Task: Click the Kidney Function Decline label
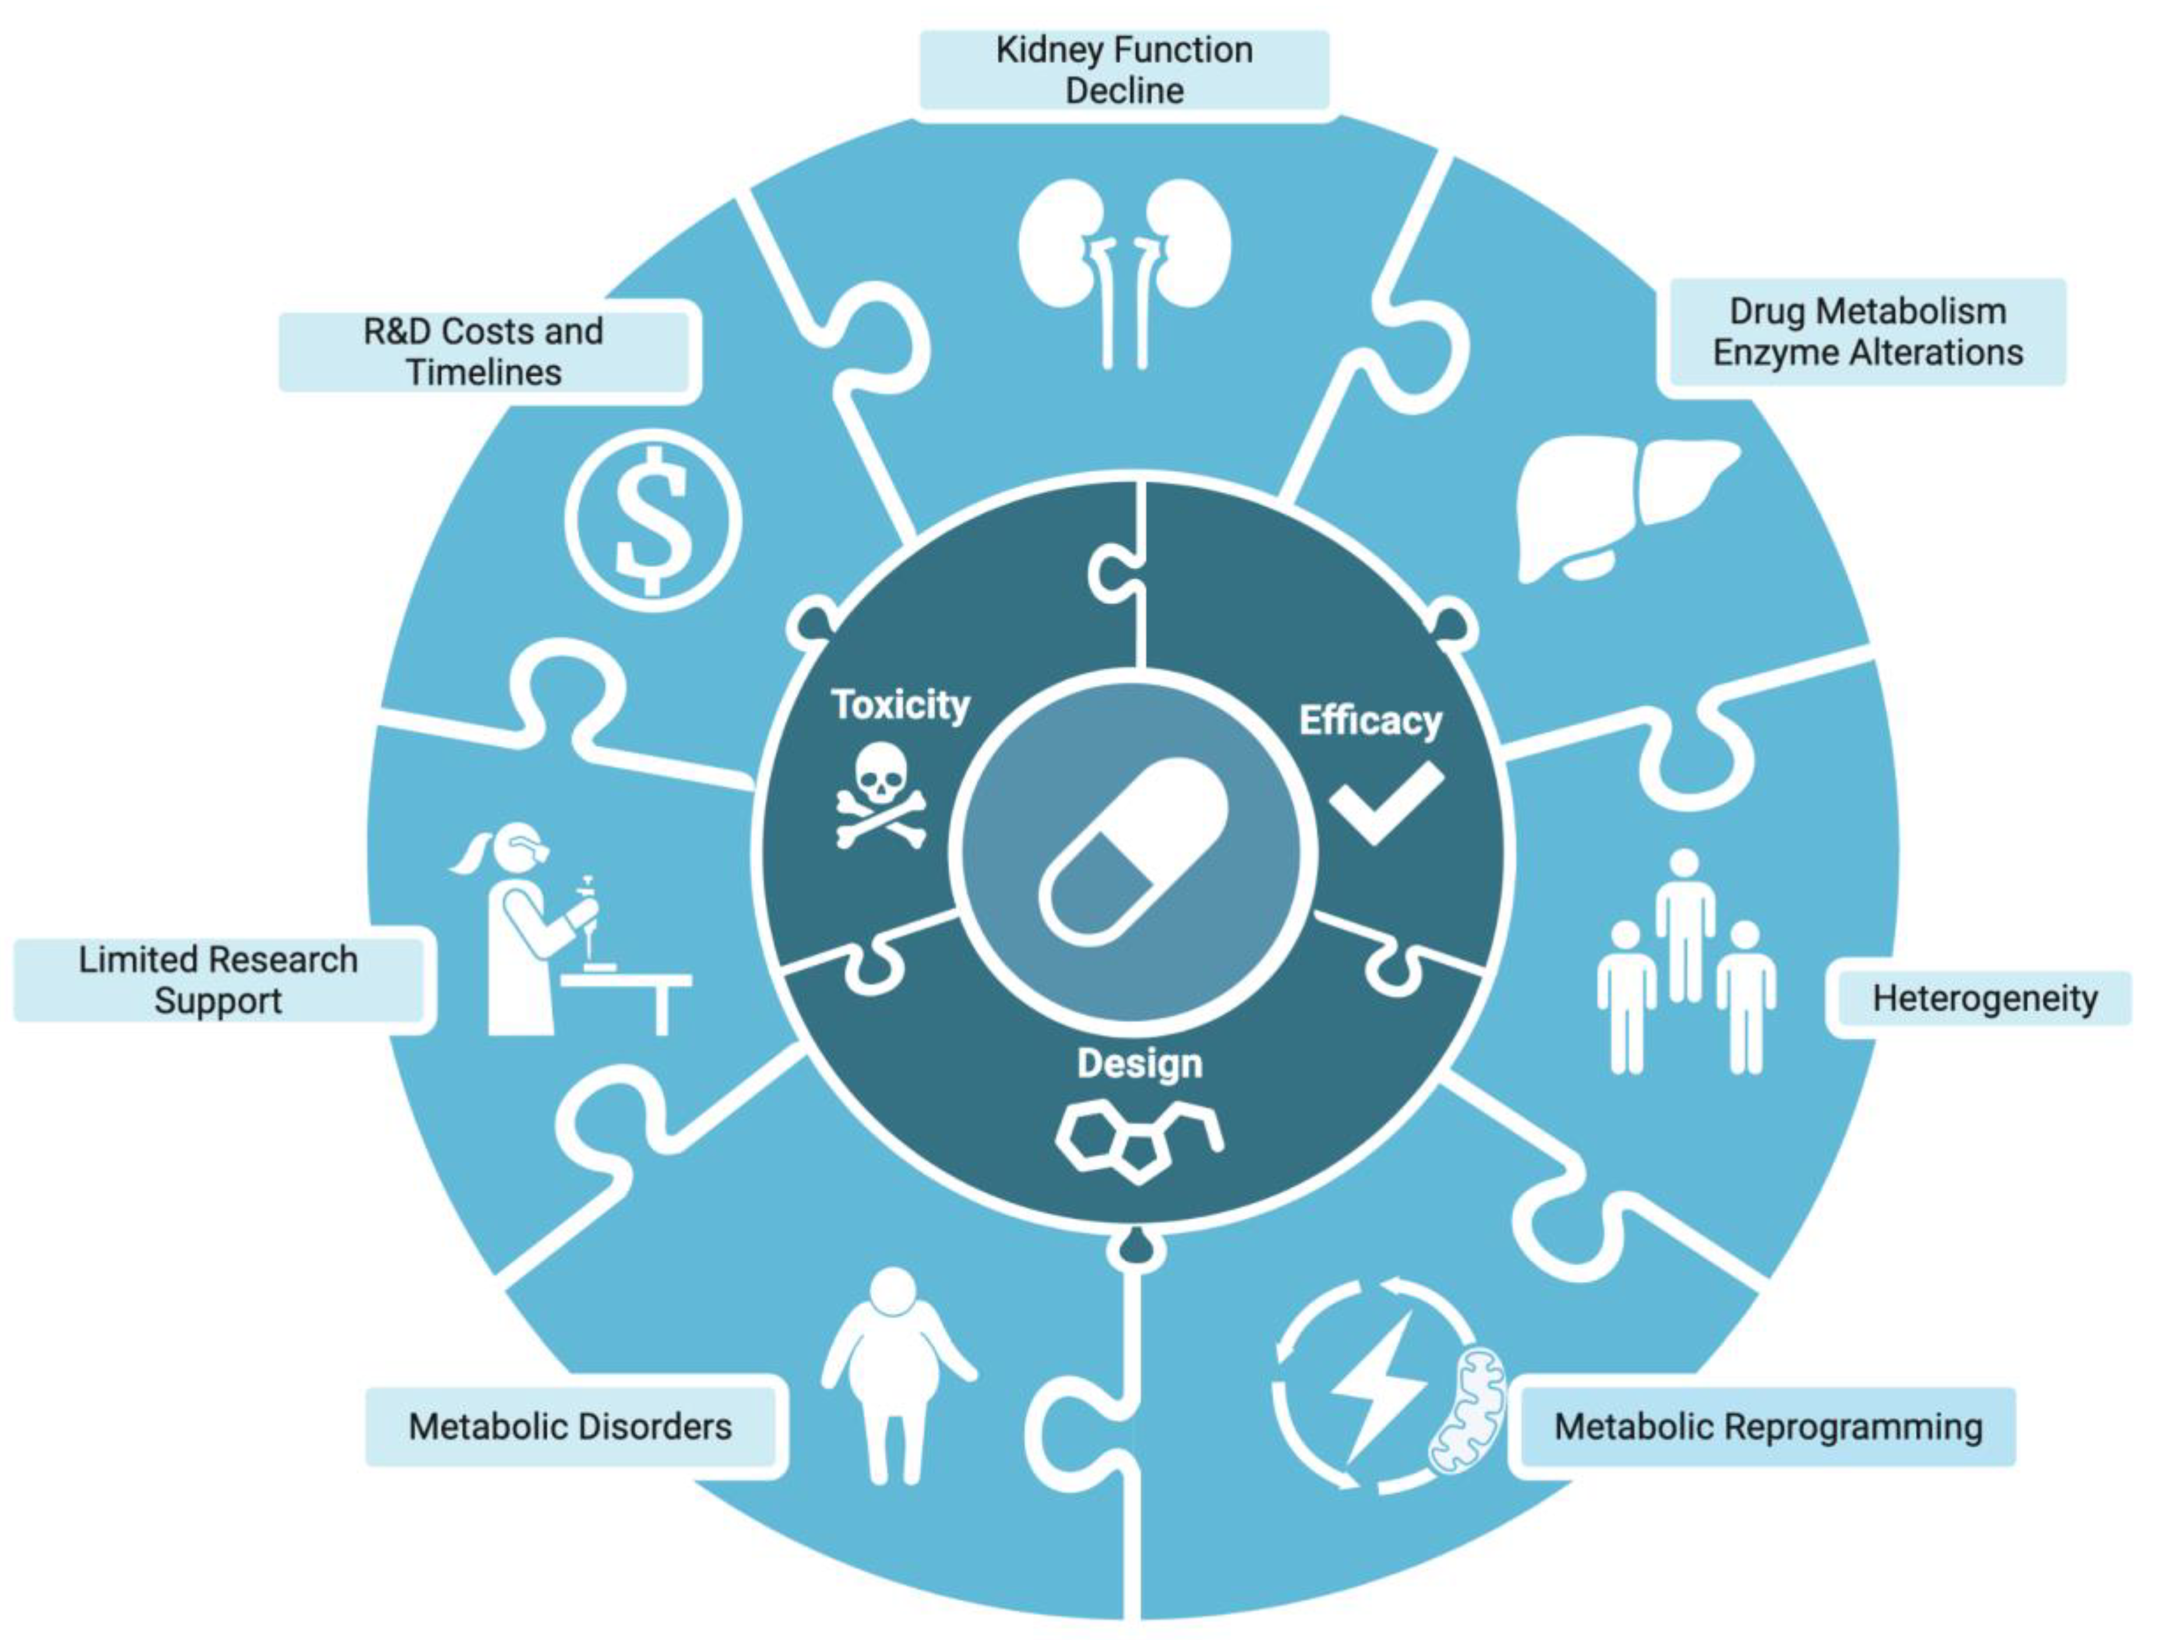pyautogui.click(x=1124, y=70)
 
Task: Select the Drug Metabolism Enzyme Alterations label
pyautogui.click(x=1867, y=332)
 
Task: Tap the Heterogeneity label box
pyautogui.click(x=1984, y=999)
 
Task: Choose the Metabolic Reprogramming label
pyautogui.click(x=1767, y=1427)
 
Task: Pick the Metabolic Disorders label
pyautogui.click(x=570, y=1427)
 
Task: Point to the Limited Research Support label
pyautogui.click(x=218, y=980)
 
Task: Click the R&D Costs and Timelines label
pyautogui.click(x=484, y=351)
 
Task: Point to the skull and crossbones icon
pyautogui.click(x=880, y=793)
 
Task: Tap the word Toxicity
pyautogui.click(x=900, y=705)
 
